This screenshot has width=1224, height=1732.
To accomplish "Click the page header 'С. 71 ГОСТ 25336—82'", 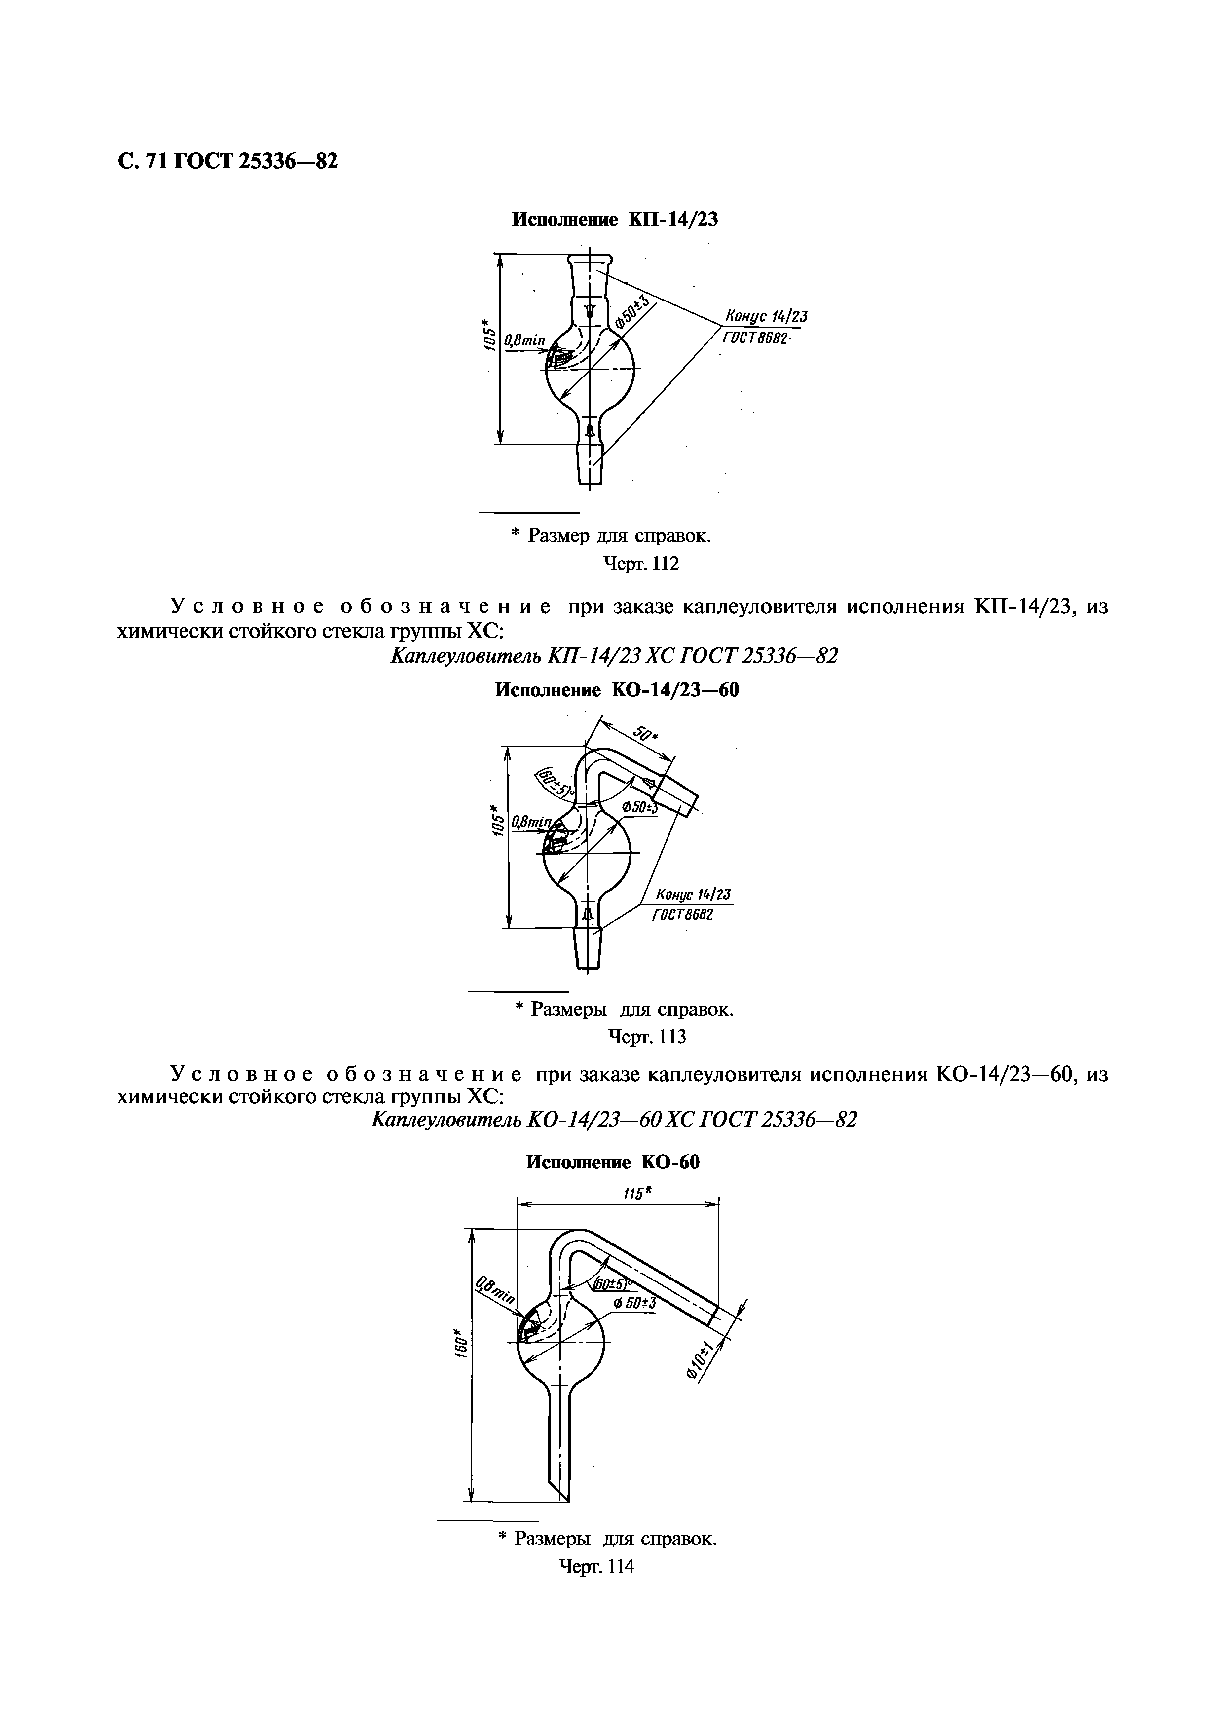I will click(227, 161).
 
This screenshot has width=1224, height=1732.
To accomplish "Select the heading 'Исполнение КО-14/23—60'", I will click(616, 689).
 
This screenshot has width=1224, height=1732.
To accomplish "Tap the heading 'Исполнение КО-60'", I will click(612, 1163).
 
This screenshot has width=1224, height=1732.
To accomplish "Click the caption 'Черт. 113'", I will click(647, 1036).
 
